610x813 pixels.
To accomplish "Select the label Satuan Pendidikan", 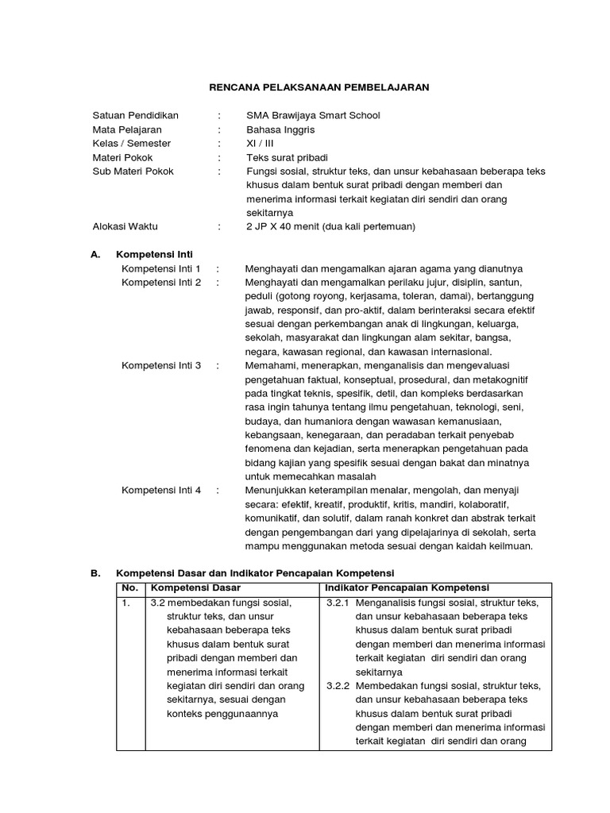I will pyautogui.click(x=136, y=116).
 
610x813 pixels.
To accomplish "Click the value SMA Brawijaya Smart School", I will pyautogui.click(x=313, y=116).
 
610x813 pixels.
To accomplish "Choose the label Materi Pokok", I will pyautogui.click(x=123, y=157).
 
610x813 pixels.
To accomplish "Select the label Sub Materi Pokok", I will pyautogui.click(x=133, y=171).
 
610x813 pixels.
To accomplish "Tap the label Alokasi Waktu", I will pyautogui.click(x=125, y=227).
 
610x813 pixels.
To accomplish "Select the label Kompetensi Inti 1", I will pyautogui.click(x=161, y=268).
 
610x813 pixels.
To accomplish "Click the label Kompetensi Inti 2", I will pyautogui.click(x=161, y=283).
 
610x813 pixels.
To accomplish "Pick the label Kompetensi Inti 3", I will pyautogui.click(x=161, y=366).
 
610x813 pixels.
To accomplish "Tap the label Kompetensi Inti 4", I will pyautogui.click(x=161, y=491).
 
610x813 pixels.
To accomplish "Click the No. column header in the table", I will pyautogui.click(x=129, y=588).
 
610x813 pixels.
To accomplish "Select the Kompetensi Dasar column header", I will pyautogui.click(x=195, y=588).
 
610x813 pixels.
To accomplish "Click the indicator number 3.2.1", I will pyautogui.click(x=339, y=603).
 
